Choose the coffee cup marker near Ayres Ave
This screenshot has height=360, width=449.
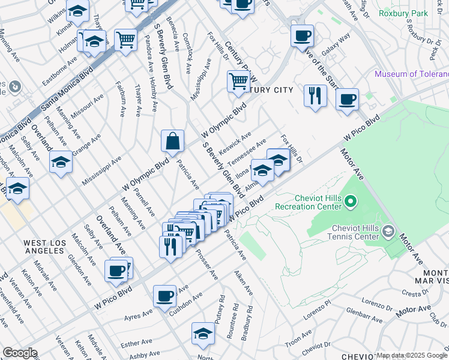(x=164, y=296)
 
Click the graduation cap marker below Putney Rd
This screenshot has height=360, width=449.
(x=203, y=334)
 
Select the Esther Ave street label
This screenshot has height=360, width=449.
(x=136, y=344)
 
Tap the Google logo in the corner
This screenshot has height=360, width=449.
(x=20, y=352)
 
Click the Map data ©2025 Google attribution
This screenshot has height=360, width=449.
(x=412, y=355)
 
